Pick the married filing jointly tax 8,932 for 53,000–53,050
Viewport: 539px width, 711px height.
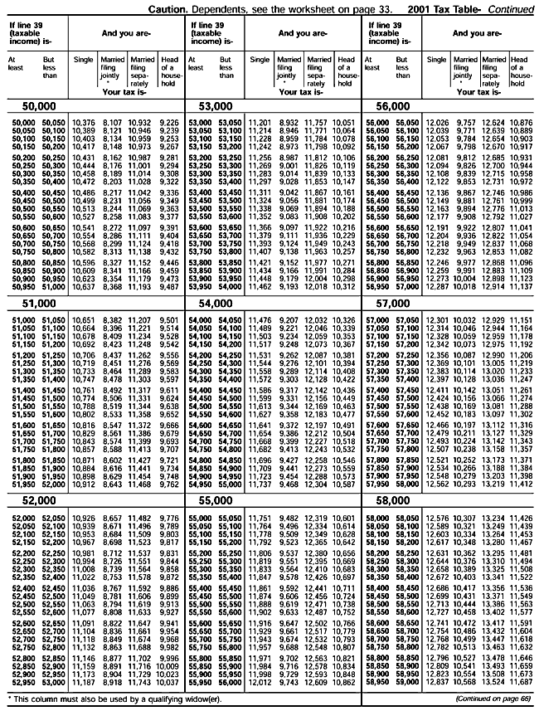[x=289, y=123]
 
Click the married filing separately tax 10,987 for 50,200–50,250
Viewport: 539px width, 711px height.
[x=140, y=157]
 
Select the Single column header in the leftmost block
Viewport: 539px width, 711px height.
[x=83, y=60]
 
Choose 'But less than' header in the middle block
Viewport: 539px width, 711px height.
[x=226, y=66]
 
